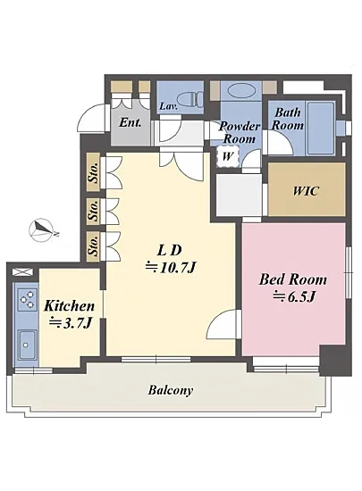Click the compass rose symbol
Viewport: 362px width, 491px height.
(x=41, y=230)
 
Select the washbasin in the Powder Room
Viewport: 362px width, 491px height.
(x=240, y=90)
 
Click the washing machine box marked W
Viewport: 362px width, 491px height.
(x=228, y=156)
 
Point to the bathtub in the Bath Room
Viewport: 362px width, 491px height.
(x=320, y=128)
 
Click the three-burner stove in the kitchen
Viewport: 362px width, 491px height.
(x=27, y=299)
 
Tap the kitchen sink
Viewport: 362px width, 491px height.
(x=27, y=345)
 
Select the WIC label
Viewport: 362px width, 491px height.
(x=306, y=191)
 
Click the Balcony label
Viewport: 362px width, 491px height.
(x=171, y=390)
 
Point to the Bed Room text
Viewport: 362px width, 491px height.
(x=293, y=279)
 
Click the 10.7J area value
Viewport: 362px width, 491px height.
(x=177, y=268)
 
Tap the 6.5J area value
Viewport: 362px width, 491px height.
(x=299, y=296)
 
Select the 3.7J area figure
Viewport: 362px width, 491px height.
(x=77, y=323)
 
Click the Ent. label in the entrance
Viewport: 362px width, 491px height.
(x=130, y=122)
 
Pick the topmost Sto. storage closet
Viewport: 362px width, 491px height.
(x=93, y=172)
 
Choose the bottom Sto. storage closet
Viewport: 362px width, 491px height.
(x=93, y=246)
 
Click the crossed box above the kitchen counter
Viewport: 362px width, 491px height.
(x=22, y=271)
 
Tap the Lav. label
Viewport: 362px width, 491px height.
(x=169, y=106)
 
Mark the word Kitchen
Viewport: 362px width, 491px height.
(x=69, y=306)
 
